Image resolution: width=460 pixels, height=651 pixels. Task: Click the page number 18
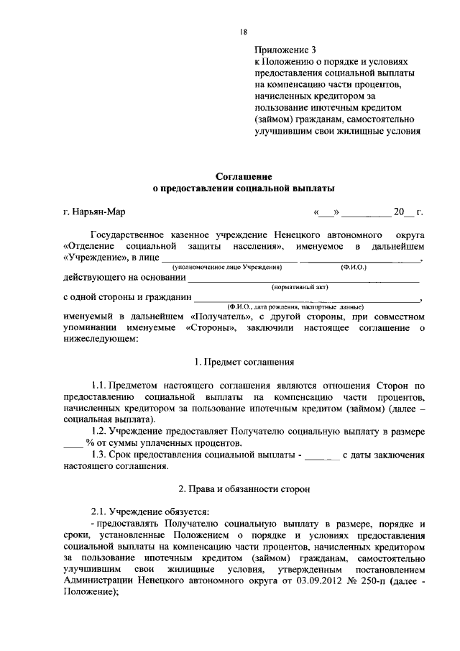(244, 31)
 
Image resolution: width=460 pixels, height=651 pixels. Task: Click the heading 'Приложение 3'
(285, 50)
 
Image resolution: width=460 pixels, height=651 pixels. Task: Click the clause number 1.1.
(99, 385)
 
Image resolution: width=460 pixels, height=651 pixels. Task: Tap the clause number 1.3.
(99, 455)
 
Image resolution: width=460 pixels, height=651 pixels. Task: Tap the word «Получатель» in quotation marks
(221, 317)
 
